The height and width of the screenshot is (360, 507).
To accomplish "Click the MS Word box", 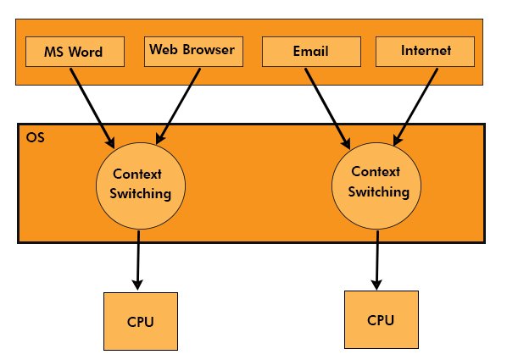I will click(73, 52).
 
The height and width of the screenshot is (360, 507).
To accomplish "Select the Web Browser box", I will click(192, 50).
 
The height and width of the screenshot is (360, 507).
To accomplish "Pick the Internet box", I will click(426, 52).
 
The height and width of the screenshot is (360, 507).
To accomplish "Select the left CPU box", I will click(140, 322).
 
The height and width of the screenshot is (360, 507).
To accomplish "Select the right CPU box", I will click(381, 319).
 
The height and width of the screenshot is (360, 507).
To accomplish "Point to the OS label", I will click(35, 136).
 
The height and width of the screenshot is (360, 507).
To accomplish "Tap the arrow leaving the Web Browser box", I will click(180, 100).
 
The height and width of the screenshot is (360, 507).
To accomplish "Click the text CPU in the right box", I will click(381, 320).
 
